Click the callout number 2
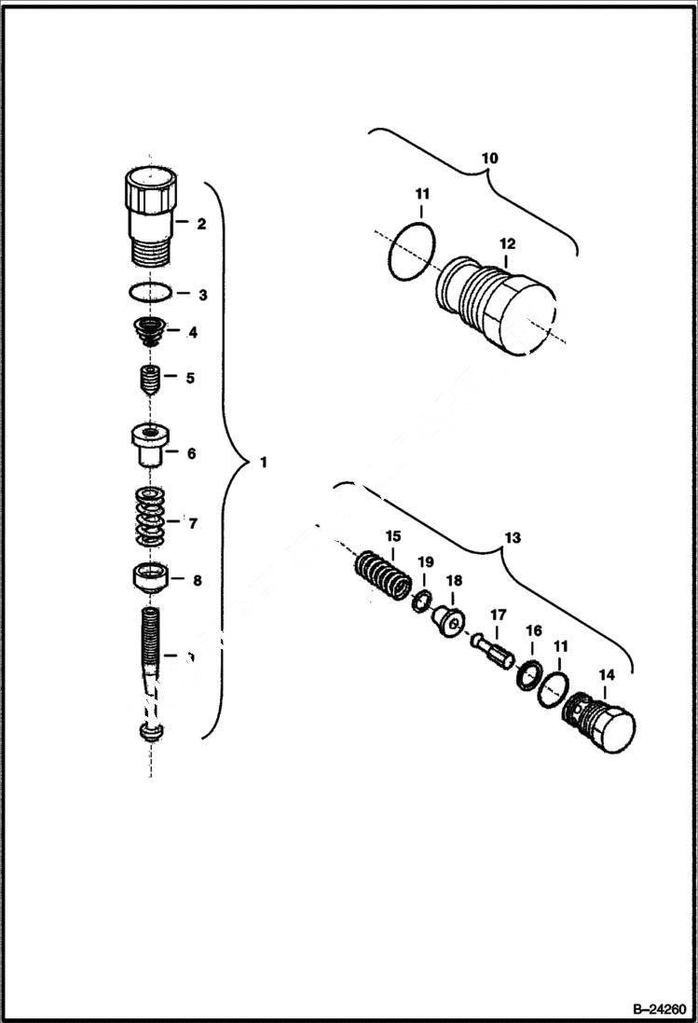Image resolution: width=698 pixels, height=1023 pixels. point(200,224)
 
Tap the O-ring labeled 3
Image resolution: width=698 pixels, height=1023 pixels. point(149,294)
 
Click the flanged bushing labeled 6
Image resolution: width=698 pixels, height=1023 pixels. point(149,447)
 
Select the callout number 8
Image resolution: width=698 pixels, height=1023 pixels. point(197,580)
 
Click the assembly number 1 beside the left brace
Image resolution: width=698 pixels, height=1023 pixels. point(263,462)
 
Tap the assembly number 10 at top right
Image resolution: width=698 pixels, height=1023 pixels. point(489,159)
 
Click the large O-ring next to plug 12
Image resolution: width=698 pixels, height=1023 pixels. point(411,250)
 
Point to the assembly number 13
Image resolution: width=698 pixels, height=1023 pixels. point(513,538)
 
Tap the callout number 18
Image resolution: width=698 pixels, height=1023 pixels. point(454,580)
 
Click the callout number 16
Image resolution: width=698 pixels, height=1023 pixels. point(533,631)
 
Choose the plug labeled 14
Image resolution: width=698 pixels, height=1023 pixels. point(601,722)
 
